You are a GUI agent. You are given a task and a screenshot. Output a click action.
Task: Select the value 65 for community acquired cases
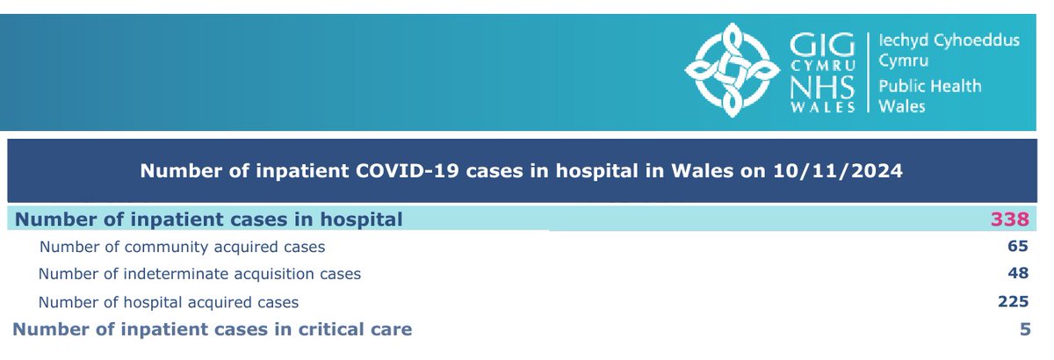(x=1019, y=247)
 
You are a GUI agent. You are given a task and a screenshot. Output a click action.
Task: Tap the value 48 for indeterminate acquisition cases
(x=1019, y=274)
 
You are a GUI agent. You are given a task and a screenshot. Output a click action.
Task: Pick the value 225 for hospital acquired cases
(x=1013, y=302)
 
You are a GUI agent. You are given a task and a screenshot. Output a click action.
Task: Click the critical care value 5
(x=1024, y=330)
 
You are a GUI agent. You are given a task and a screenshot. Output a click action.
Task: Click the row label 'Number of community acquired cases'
(x=183, y=248)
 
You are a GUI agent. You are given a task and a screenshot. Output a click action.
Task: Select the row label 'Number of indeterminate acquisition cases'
(x=199, y=274)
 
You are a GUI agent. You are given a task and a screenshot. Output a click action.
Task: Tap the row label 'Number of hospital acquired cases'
(x=169, y=303)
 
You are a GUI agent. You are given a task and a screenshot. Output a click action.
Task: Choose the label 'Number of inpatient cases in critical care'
(x=213, y=330)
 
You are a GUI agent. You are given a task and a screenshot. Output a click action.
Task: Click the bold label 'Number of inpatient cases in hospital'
(x=210, y=220)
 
